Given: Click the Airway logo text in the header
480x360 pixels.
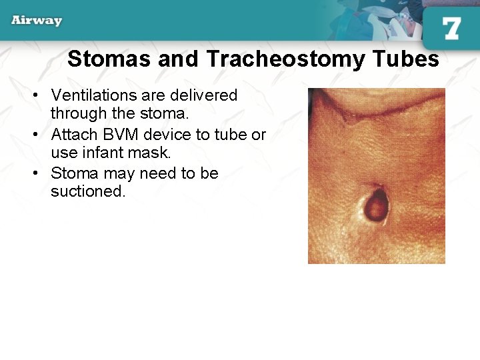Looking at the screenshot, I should tap(37, 20).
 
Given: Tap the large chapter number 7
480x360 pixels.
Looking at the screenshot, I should tap(451, 29).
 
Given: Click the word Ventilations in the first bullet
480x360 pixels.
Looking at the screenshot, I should tap(92, 95).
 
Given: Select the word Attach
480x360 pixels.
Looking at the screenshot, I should tap(71, 135).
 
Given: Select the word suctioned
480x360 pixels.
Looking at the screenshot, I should tap(87, 192).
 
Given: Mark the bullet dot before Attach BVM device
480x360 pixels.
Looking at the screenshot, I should tap(37, 135).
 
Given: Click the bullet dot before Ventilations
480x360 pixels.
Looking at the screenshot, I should tap(37, 95).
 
